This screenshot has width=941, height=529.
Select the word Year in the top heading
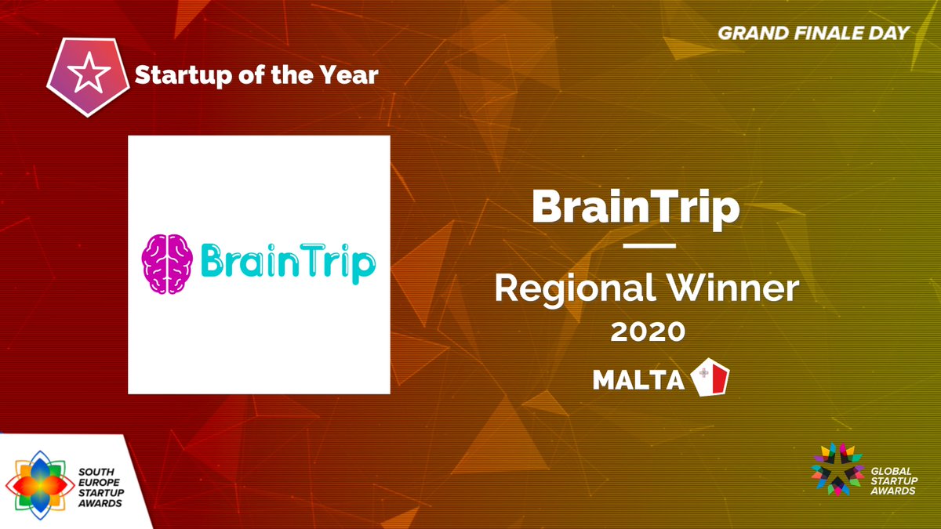pos(351,75)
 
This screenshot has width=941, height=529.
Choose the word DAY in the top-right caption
pos(891,33)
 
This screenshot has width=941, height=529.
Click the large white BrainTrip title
pos(635,207)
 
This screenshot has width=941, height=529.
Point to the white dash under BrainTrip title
pos(649,246)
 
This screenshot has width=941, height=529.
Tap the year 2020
pos(649,332)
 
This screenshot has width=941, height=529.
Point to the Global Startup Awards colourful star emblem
pos(837,469)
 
